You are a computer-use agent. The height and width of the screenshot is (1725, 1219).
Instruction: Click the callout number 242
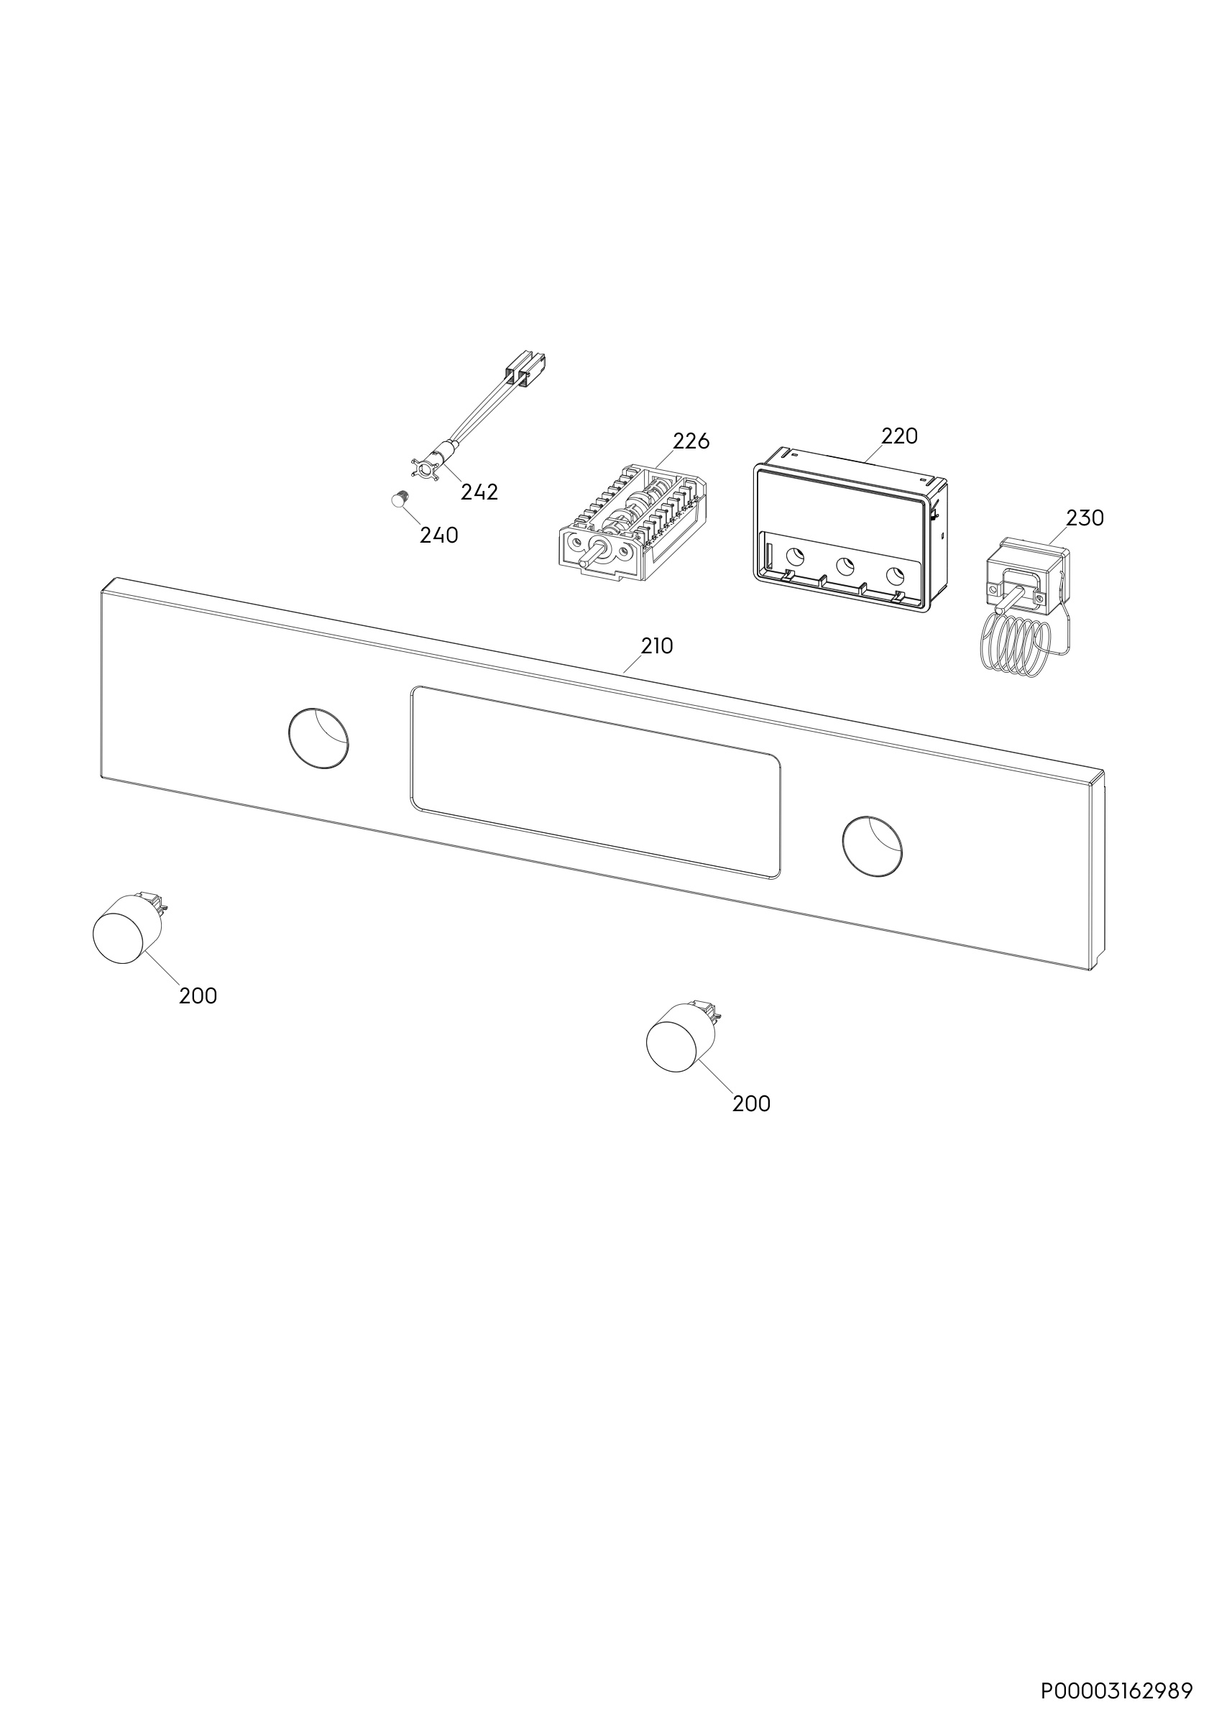click(479, 492)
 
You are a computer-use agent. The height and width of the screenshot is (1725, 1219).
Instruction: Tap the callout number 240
click(438, 535)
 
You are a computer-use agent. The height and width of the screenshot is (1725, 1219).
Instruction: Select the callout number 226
click(691, 441)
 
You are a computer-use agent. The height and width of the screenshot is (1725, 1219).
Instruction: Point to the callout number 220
click(899, 436)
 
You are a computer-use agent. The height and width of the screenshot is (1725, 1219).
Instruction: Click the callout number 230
click(1085, 517)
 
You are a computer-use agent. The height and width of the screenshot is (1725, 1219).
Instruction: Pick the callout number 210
click(656, 645)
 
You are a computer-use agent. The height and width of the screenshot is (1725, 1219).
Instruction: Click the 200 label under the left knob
click(198, 995)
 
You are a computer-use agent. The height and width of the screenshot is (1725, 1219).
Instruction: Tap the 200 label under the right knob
click(751, 1104)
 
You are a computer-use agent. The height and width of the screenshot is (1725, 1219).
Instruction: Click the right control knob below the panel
click(679, 1035)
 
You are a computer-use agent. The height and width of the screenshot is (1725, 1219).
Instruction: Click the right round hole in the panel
click(872, 845)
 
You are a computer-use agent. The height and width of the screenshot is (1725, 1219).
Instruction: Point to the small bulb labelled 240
click(399, 498)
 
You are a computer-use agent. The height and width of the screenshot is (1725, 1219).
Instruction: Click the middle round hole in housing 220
click(845, 566)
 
